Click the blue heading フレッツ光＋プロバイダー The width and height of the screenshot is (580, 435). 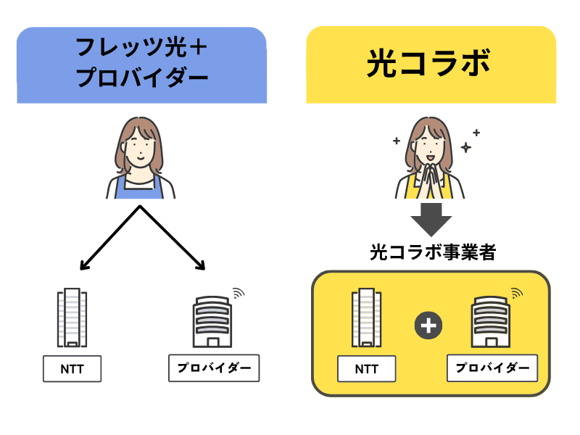click(x=141, y=65)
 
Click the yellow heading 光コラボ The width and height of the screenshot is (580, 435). click(x=431, y=65)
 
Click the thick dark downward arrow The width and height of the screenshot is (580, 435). click(x=431, y=218)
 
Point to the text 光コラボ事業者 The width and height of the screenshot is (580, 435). click(x=431, y=253)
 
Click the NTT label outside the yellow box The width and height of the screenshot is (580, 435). click(x=72, y=369)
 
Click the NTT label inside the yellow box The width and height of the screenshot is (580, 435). click(x=367, y=369)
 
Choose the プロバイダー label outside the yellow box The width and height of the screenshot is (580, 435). click(x=214, y=368)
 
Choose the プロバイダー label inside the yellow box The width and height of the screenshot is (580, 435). click(x=492, y=368)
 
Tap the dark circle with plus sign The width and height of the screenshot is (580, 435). click(x=428, y=326)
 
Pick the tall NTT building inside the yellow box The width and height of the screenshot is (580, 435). click(x=366, y=319)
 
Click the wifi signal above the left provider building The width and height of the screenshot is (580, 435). click(x=239, y=293)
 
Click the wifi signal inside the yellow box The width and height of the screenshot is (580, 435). click(x=516, y=293)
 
